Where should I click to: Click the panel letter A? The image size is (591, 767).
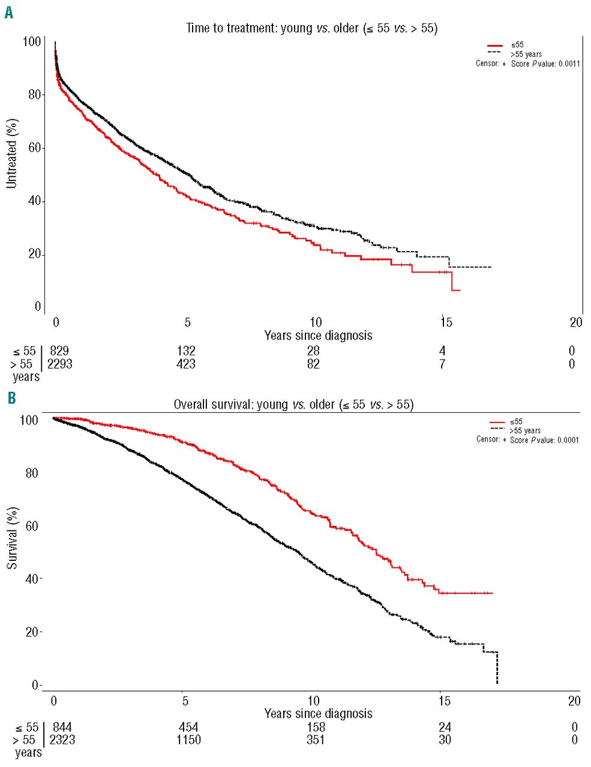click(8, 12)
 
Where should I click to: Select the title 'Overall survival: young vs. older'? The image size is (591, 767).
click(293, 404)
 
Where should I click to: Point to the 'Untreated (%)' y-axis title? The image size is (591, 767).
click(11, 153)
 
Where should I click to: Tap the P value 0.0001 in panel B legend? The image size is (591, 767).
click(567, 440)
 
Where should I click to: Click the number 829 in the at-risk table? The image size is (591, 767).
click(59, 351)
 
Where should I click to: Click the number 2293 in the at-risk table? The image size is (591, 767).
click(59, 364)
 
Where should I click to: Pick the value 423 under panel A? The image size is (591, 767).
click(186, 364)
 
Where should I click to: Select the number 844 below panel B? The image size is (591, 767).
click(62, 727)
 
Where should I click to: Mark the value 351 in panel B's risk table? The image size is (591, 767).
click(316, 740)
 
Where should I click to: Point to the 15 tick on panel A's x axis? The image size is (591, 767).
click(445, 322)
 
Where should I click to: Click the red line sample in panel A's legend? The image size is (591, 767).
click(494, 45)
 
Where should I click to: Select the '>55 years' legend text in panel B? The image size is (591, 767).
click(525, 430)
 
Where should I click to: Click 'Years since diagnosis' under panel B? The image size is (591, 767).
click(318, 713)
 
